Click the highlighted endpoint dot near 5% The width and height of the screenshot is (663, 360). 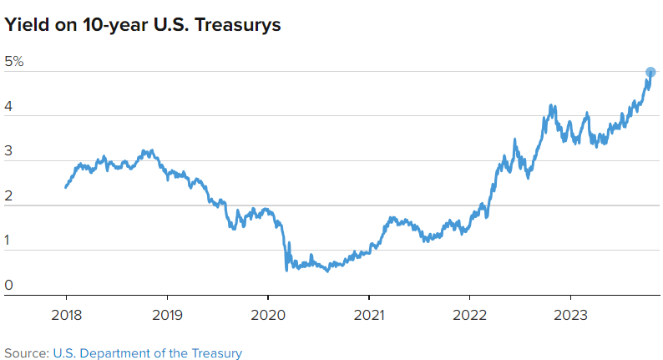(650, 72)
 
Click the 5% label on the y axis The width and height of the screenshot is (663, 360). (14, 62)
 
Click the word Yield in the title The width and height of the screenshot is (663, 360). (24, 25)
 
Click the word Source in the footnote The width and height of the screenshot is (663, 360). (25, 352)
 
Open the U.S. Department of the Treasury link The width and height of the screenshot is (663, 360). (147, 352)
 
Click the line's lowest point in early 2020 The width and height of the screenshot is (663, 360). (287, 269)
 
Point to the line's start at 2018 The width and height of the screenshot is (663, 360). (66, 186)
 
